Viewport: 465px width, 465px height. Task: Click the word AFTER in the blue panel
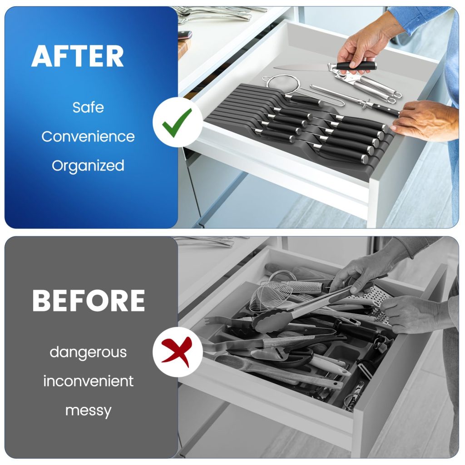(78, 56)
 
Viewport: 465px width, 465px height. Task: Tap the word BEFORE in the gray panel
(89, 300)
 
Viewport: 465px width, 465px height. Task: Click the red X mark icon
(178, 351)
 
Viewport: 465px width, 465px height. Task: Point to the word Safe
(88, 108)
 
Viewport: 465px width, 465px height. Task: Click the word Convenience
(88, 136)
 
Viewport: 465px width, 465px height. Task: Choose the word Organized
(88, 165)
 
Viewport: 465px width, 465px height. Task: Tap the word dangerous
(88, 352)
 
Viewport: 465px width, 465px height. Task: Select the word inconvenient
(88, 381)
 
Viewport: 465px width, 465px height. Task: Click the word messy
(88, 411)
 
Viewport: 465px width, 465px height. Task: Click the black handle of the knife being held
(356, 66)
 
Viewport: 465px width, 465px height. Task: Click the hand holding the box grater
(409, 313)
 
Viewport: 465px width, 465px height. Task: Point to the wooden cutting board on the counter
(183, 48)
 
